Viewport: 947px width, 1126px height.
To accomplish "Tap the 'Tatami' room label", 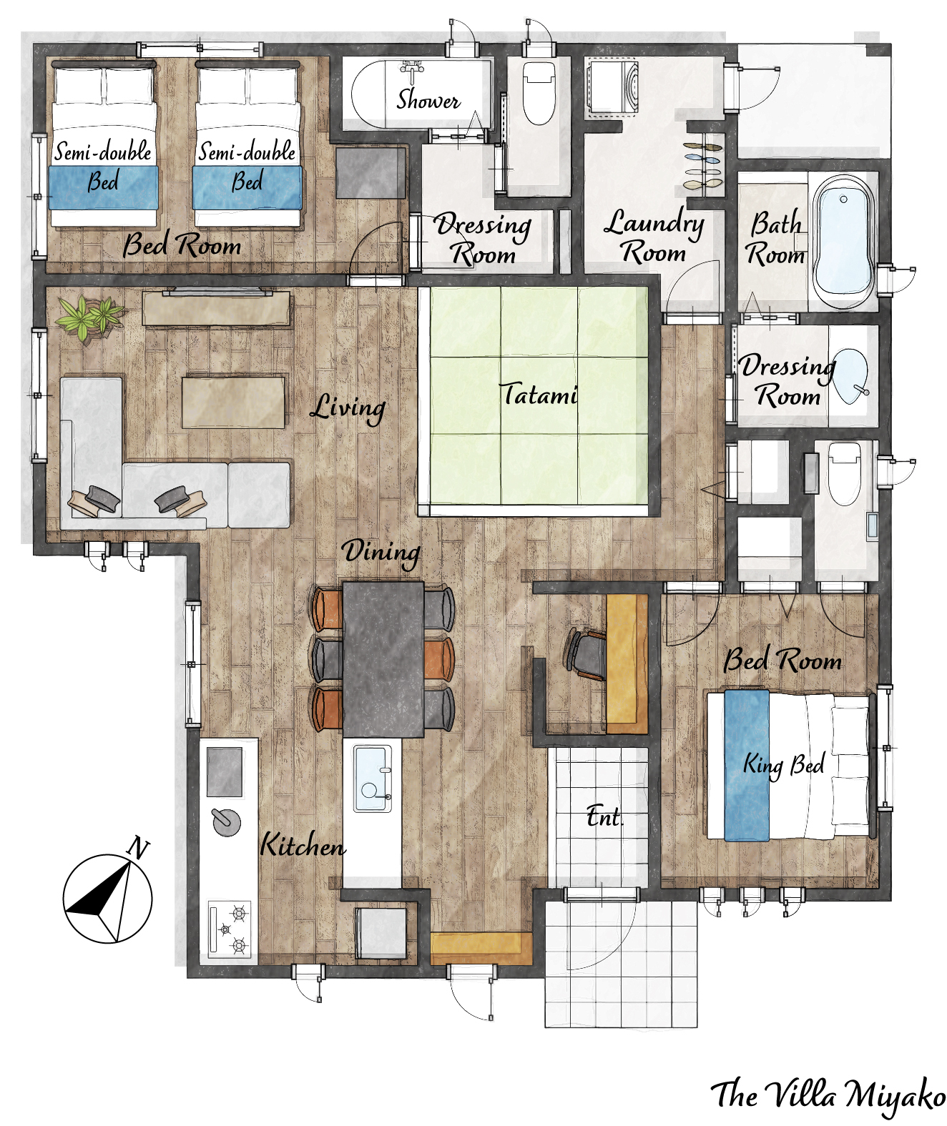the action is click(539, 394).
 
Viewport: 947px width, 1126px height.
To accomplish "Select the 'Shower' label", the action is click(428, 100).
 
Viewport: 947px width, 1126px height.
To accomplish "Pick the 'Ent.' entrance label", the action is click(604, 819).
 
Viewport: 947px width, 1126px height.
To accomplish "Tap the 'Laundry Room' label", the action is click(654, 237).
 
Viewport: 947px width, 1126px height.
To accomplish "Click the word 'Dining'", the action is click(381, 552).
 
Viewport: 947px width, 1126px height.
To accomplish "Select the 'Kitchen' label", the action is click(303, 846).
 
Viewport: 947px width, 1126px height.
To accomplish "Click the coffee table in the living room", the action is click(234, 403).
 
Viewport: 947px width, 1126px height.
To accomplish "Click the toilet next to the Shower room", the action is click(539, 93).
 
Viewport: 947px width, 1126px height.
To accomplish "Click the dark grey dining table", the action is click(383, 659).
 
